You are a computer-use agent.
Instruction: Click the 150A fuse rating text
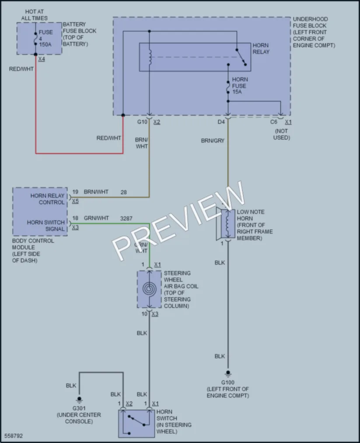click(x=45, y=44)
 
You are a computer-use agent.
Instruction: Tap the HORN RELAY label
click(x=261, y=49)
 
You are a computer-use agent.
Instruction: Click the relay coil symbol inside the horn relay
click(x=150, y=57)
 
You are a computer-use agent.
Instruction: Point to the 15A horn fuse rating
click(x=237, y=92)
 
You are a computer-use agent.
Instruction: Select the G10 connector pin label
click(x=142, y=122)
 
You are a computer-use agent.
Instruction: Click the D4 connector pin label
click(x=221, y=122)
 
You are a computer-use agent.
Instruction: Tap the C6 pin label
click(x=273, y=122)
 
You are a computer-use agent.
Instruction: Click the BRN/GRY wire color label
click(x=213, y=140)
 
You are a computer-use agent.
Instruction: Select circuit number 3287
click(x=126, y=218)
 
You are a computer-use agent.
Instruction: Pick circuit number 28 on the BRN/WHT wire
click(x=123, y=192)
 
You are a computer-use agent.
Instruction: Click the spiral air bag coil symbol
click(x=149, y=289)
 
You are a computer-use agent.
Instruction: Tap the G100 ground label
click(x=227, y=382)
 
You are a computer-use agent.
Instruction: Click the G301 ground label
click(x=79, y=408)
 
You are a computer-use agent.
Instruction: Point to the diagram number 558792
click(x=14, y=436)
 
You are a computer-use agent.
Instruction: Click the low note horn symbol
click(x=226, y=224)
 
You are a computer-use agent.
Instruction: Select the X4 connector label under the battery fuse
click(x=42, y=59)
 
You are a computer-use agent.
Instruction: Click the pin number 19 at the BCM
click(x=75, y=192)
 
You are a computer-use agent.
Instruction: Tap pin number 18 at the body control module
click(x=75, y=218)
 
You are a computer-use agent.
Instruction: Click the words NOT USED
click(x=281, y=134)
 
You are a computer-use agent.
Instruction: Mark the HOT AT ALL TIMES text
click(x=35, y=15)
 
